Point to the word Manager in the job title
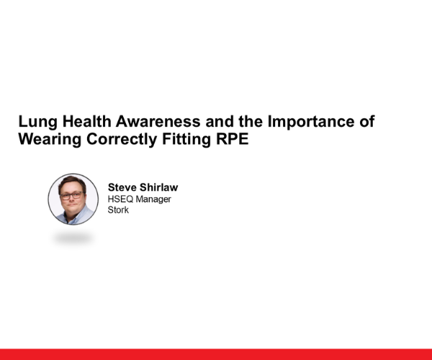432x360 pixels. click(x=154, y=199)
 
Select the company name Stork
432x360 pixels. click(x=118, y=210)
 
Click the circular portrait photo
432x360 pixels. click(x=73, y=198)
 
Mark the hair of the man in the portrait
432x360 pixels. click(x=72, y=182)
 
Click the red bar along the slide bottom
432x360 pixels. click(x=216, y=354)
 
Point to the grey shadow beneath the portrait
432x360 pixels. click(x=73, y=237)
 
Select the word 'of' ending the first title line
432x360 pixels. click(x=367, y=122)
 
